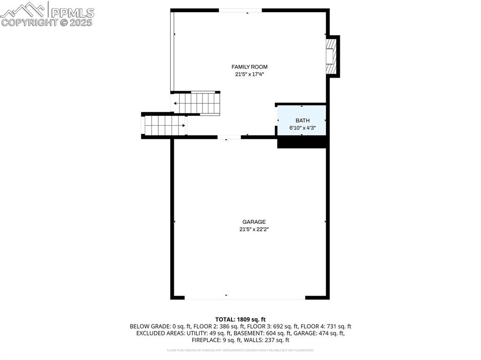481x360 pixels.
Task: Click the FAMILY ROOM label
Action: pos(249,67)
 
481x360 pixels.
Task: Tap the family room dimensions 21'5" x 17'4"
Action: pos(249,74)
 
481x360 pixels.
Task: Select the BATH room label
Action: pos(303,121)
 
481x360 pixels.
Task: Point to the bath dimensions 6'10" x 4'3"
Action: pos(303,128)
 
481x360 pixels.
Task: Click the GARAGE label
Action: pos(254,222)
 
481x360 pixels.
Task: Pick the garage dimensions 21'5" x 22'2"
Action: pos(254,230)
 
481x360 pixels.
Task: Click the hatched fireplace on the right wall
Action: pos(332,56)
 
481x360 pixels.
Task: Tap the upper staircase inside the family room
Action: pos(197,103)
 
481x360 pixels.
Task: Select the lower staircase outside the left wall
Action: pos(164,125)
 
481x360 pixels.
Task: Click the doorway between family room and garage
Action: pos(229,137)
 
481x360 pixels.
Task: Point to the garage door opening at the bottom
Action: pos(245,297)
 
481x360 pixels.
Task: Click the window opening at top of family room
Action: pos(240,10)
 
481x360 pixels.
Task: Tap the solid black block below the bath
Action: pos(302,142)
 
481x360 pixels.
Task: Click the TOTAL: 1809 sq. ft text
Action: pos(240,319)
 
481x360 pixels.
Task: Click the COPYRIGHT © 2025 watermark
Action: pos(47,23)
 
